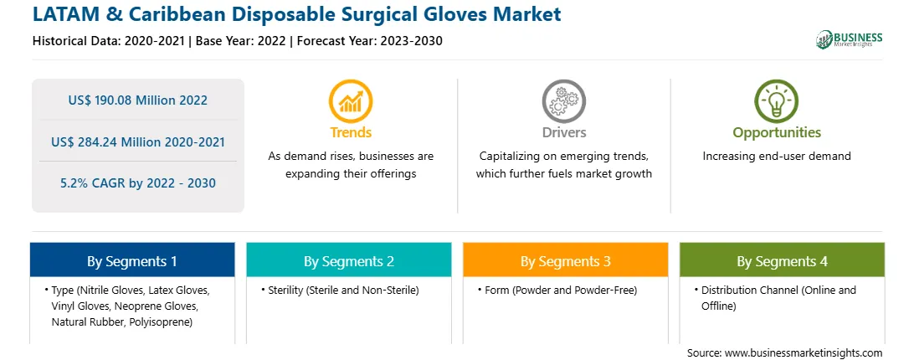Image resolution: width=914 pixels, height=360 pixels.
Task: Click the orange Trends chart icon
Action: pyautogui.click(x=351, y=101)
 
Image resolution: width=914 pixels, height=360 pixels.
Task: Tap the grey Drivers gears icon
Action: pyautogui.click(x=563, y=101)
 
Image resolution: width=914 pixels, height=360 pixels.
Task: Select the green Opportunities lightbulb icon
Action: pyautogui.click(x=777, y=101)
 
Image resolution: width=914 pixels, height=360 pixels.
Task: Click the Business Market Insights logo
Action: pyautogui.click(x=850, y=39)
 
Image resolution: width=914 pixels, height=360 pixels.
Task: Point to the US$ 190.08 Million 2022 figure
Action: pyautogui.click(x=137, y=100)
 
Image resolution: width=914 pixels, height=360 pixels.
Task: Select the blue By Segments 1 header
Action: pyautogui.click(x=131, y=260)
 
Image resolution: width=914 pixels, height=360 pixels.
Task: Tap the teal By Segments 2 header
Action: pyautogui.click(x=348, y=260)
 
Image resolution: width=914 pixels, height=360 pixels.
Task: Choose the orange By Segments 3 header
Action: pyautogui.click(x=566, y=260)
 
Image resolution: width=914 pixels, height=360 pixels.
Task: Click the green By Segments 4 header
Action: pyautogui.click(x=783, y=260)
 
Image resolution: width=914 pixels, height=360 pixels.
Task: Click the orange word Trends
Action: pyautogui.click(x=351, y=132)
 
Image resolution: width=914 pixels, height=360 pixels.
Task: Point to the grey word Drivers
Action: pyautogui.click(x=564, y=132)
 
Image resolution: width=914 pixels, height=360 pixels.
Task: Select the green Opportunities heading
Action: pyautogui.click(x=777, y=132)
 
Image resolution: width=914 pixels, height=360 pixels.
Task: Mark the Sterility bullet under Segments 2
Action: pyautogui.click(x=343, y=290)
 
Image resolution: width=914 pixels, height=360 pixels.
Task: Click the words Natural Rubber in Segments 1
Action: pyautogui.click(x=84, y=321)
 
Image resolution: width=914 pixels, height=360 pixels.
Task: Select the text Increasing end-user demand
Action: pyautogui.click(x=777, y=156)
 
